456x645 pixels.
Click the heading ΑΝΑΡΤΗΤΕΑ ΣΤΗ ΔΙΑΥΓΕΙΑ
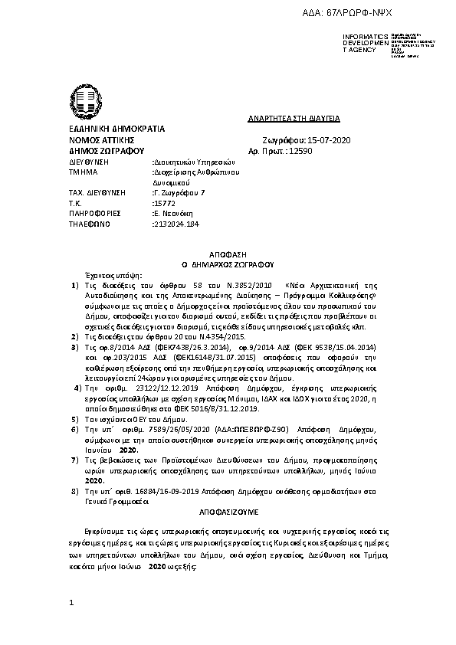[294, 119]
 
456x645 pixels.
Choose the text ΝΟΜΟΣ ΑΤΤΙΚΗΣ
[102, 141]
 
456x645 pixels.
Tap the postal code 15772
[166, 203]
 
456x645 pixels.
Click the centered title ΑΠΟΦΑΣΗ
[228, 252]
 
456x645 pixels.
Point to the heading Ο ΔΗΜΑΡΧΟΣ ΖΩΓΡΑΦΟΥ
[228, 262]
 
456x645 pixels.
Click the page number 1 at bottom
[71, 604]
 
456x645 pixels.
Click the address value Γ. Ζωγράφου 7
[180, 193]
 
